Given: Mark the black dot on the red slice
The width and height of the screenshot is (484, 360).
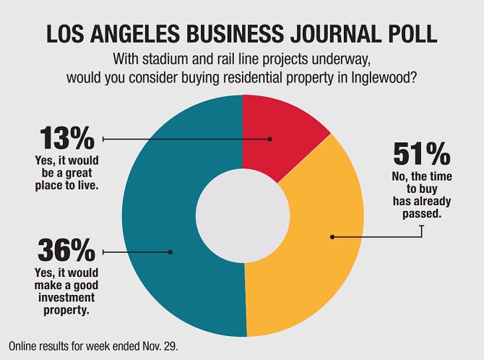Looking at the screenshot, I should coord(270,138).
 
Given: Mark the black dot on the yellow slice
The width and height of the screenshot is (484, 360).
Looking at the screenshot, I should coord(332,236).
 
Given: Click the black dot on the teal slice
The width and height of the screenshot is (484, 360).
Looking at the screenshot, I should coord(170,252).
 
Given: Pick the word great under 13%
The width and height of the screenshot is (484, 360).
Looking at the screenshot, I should coord(78,172).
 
